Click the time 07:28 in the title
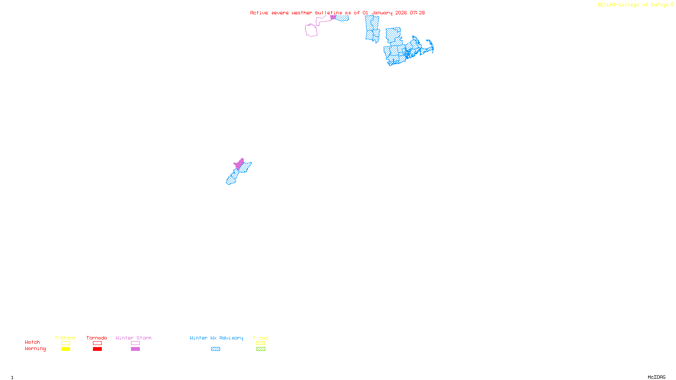(x=417, y=13)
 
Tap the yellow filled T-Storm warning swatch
(x=65, y=349)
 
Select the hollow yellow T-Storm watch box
(x=65, y=343)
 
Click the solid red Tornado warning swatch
(x=97, y=349)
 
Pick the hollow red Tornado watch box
(x=97, y=343)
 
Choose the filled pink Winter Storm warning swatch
(x=135, y=349)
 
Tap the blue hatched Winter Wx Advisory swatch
(x=215, y=349)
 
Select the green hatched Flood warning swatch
(x=261, y=349)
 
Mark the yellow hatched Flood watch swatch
(x=261, y=343)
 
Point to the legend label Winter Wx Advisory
(x=216, y=338)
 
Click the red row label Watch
(x=33, y=342)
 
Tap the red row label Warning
(x=35, y=349)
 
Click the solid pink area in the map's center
(x=240, y=164)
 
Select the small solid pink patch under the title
(x=333, y=17)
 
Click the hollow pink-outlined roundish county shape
(x=311, y=30)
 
